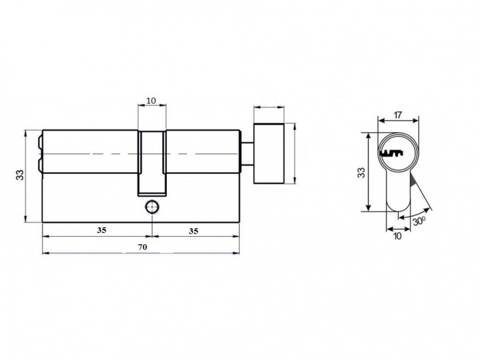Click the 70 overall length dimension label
click(x=142, y=247)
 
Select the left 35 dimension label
click(x=102, y=230)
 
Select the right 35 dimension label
click(x=193, y=231)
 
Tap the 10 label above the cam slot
click(x=151, y=100)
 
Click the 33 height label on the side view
click(x=20, y=175)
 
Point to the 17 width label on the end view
click(x=397, y=115)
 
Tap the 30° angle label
click(x=419, y=221)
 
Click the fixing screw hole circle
click(x=152, y=207)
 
